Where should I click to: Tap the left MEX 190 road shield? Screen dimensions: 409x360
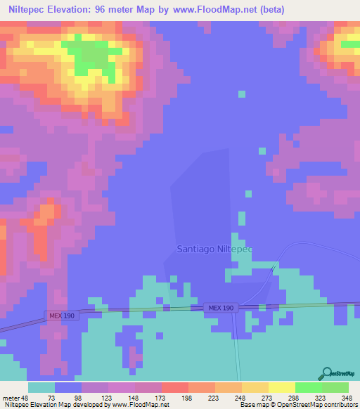click(63, 315)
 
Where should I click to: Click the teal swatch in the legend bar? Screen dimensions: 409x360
click(41, 387)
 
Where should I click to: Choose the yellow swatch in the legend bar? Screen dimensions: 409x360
click(281, 387)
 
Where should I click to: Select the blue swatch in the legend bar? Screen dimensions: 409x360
click(67, 387)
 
